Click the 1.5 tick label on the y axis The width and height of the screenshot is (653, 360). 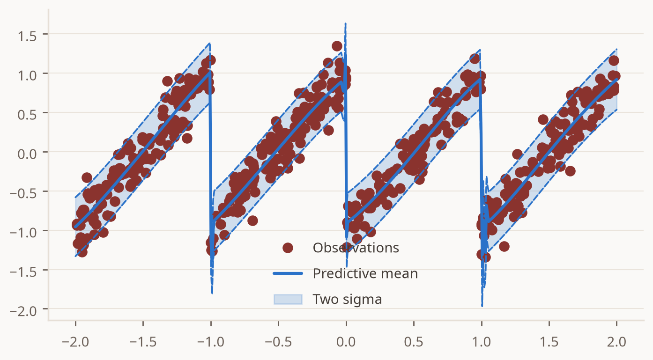(27, 37)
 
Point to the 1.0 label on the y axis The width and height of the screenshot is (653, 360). (27, 76)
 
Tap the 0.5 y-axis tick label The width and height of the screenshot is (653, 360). (27, 115)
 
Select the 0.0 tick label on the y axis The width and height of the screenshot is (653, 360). (27, 154)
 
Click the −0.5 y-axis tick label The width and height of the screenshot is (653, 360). (23, 194)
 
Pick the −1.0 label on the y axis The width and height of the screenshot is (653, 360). (23, 233)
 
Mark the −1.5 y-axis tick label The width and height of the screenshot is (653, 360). (23, 272)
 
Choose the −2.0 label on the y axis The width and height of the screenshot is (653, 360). (23, 311)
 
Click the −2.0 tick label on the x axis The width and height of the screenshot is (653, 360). (75, 342)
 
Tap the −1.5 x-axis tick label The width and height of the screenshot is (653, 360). (143, 342)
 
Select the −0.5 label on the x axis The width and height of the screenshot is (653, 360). (278, 342)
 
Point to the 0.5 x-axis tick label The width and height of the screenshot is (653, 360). (414, 342)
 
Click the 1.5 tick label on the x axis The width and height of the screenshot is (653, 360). (549, 342)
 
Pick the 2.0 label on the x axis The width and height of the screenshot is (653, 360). (616, 342)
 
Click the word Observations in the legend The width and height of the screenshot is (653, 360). (356, 248)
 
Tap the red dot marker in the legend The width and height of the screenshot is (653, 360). (288, 248)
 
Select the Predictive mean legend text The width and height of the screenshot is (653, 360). (365, 274)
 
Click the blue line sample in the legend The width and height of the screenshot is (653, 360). (288, 273)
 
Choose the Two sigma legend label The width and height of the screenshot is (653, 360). (347, 300)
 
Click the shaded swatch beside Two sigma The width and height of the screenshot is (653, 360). (288, 300)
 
